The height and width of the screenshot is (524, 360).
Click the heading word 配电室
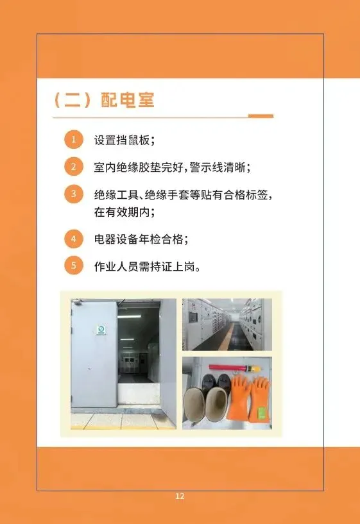click(x=127, y=99)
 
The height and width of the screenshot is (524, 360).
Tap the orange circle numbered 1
click(x=74, y=139)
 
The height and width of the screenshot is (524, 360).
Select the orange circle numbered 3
click(x=74, y=194)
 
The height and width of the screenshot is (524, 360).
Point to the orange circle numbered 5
click(x=74, y=266)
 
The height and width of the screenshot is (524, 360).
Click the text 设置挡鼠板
click(x=122, y=140)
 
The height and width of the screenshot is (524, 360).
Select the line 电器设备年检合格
click(x=139, y=239)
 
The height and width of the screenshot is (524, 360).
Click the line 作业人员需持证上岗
click(x=144, y=267)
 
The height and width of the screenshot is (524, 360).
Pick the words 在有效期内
click(x=122, y=212)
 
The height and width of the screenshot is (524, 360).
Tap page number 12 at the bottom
click(x=180, y=496)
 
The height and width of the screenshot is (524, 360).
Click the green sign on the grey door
click(x=101, y=330)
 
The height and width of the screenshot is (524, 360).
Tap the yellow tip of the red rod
click(x=255, y=369)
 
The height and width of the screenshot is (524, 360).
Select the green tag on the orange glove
click(x=262, y=413)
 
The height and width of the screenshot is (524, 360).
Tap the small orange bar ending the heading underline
click(x=261, y=116)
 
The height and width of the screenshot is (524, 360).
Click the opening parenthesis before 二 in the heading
click(x=57, y=100)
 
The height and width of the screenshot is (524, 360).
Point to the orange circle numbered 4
click(x=74, y=239)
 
